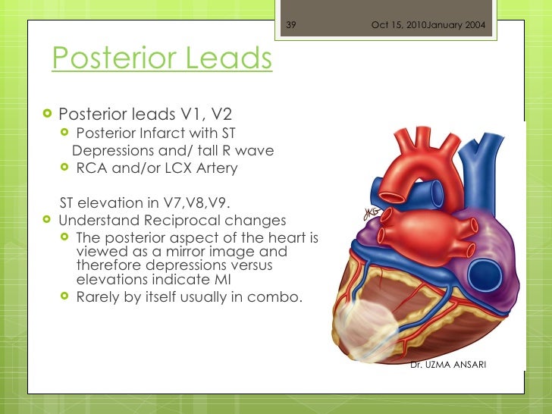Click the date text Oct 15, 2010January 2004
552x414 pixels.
pyautogui.click(x=428, y=25)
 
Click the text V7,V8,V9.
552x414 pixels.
pyautogui.click(x=198, y=202)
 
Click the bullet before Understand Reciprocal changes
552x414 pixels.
pyautogui.click(x=48, y=221)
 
